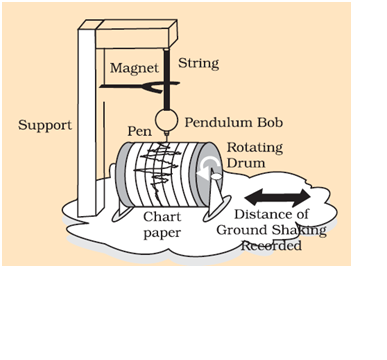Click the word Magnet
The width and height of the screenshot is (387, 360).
134,69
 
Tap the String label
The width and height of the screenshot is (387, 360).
199,63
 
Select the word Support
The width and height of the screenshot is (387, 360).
45,126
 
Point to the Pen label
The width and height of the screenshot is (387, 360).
140,131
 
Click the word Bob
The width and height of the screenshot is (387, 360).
270,122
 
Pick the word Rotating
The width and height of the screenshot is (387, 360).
255,148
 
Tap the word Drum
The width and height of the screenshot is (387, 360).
246,163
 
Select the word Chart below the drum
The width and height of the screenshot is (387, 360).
162,217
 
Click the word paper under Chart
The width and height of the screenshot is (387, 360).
162,233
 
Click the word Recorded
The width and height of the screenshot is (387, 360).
271,246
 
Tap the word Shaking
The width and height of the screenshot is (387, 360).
298,231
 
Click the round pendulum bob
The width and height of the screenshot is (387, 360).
166,120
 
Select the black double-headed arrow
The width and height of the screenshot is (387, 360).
277,197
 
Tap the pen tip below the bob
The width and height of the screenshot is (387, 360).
166,139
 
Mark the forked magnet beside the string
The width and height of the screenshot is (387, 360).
140,87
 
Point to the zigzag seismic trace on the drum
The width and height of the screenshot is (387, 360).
156,168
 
